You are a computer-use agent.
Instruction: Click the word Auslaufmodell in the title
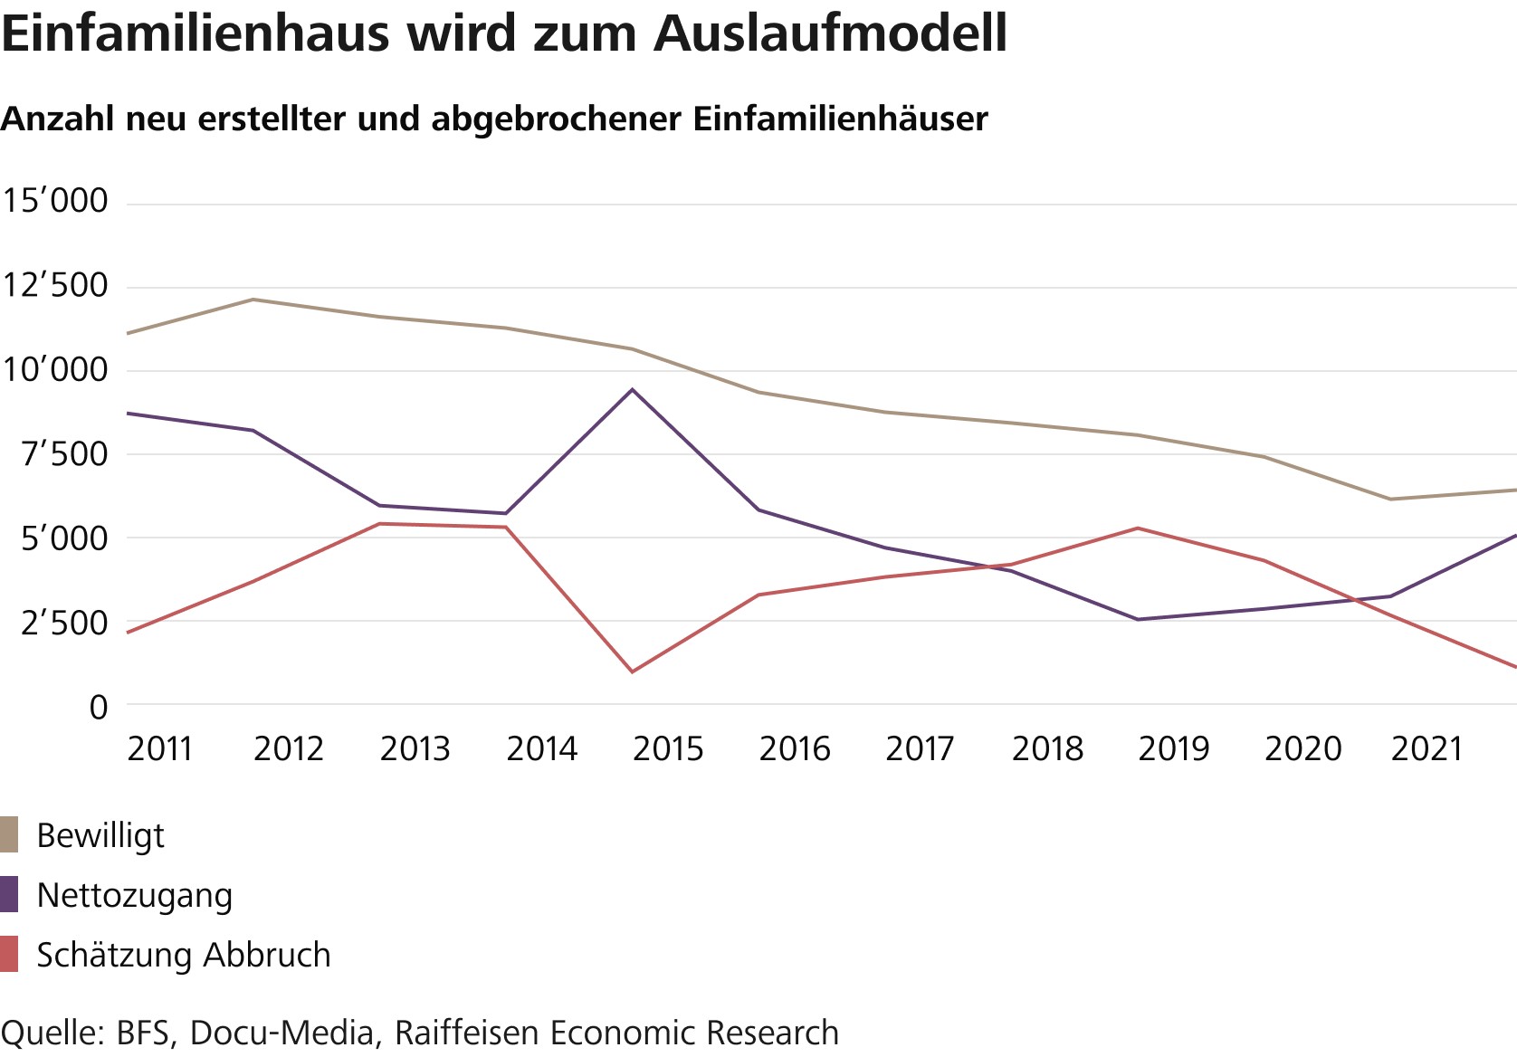pyautogui.click(x=830, y=34)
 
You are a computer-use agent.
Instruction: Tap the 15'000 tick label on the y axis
pyautogui.click(x=55, y=201)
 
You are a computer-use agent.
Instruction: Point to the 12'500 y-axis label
pyautogui.click(x=55, y=286)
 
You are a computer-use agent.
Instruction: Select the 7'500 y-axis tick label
pyautogui.click(x=64, y=454)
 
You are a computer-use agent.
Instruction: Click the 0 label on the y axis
pyautogui.click(x=98, y=707)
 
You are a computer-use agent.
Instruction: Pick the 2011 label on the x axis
pyautogui.click(x=160, y=749)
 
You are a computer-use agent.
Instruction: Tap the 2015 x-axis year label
pyautogui.click(x=668, y=749)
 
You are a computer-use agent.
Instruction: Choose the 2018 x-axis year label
pyautogui.click(x=1047, y=749)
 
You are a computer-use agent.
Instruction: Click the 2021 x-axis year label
pyautogui.click(x=1426, y=749)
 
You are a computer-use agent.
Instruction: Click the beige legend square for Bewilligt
pyautogui.click(x=9, y=834)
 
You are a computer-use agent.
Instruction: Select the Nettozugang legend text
pyautogui.click(x=135, y=895)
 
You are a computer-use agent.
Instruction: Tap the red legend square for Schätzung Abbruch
pyautogui.click(x=9, y=955)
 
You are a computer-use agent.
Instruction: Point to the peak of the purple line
pyautogui.click(x=633, y=390)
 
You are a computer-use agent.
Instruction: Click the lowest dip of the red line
pyautogui.click(x=633, y=671)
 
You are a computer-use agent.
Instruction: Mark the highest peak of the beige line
pyautogui.click(x=253, y=300)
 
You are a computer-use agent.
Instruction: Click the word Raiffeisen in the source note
pyautogui.click(x=468, y=1033)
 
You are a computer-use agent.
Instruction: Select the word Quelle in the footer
pyautogui.click(x=50, y=1033)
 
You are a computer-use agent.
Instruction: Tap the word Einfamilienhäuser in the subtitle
pyautogui.click(x=841, y=119)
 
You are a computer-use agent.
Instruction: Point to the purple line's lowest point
pyautogui.click(x=1138, y=619)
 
